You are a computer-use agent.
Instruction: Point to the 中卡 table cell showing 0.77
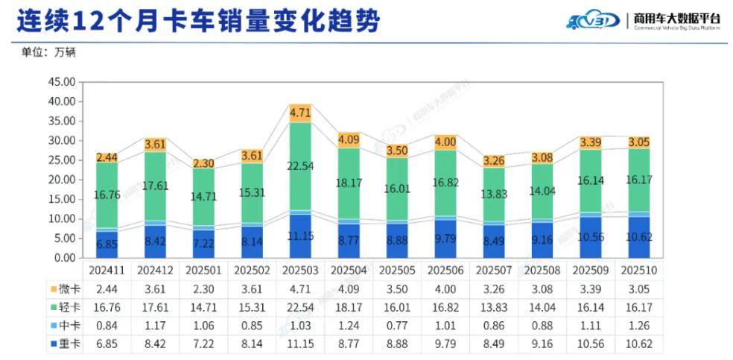click(x=396, y=325)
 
